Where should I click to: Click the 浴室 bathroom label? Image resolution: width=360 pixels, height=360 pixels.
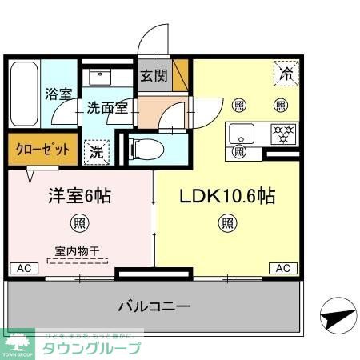click(57, 92)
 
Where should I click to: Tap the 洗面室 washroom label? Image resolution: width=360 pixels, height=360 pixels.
click(107, 108)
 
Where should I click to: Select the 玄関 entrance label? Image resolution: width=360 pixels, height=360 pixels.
click(154, 78)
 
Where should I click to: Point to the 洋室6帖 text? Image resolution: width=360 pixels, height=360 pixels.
click(79, 194)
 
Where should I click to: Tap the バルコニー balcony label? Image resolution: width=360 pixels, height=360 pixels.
click(154, 306)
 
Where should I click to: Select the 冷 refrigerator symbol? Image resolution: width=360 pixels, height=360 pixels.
click(285, 73)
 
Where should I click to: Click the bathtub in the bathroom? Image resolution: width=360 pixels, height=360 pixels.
click(25, 96)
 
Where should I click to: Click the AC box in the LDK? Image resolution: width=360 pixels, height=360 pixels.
click(282, 269)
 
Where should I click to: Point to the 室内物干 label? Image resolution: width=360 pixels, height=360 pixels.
click(77, 250)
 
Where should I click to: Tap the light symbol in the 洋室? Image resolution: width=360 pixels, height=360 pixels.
click(79, 222)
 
